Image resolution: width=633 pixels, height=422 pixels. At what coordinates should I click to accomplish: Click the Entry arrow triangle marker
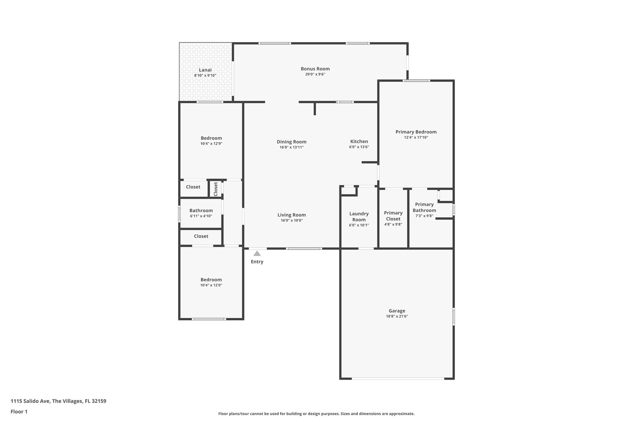coord(257,254)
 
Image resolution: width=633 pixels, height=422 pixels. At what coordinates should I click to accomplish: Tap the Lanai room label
coord(205,70)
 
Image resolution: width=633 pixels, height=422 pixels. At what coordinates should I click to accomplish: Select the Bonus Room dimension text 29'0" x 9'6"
coord(315,74)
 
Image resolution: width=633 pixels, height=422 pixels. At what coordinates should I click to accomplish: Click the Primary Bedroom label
coord(416,132)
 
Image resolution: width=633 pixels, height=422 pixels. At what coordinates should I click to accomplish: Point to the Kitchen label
coord(359,141)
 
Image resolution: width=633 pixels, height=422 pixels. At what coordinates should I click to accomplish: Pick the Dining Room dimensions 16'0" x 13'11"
coord(291,147)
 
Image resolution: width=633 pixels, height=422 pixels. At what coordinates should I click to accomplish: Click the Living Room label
coord(291,215)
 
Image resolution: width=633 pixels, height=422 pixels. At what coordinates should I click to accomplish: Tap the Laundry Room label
coord(359,216)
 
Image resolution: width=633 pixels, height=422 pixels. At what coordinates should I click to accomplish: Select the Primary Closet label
coord(393,215)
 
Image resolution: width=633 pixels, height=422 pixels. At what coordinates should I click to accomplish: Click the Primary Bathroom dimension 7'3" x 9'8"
coord(424,216)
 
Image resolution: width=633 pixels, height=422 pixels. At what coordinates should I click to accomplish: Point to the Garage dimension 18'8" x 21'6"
coord(397,316)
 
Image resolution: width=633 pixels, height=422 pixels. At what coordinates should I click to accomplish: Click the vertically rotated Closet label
coord(216,189)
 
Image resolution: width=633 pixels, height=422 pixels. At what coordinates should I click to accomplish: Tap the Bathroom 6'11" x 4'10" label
coord(201,211)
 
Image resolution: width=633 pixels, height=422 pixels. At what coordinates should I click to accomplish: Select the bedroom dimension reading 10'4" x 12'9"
coord(211,143)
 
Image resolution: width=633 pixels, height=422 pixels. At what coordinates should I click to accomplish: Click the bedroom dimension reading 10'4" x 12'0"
coord(211,285)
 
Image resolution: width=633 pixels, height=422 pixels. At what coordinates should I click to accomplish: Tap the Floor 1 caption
coord(19,411)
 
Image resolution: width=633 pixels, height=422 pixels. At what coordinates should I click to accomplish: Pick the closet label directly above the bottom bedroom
coord(201,236)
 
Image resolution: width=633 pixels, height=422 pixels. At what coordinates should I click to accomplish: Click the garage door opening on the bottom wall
coord(398,378)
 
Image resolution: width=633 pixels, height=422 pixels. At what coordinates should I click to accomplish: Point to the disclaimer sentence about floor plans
coord(316,414)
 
